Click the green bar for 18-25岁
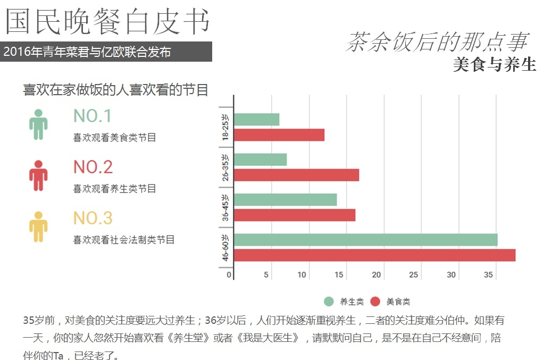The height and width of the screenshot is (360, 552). pyautogui.click(x=256, y=120)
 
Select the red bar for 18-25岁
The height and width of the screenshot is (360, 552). pyautogui.click(x=279, y=135)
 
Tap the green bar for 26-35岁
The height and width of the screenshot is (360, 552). pyautogui.click(x=260, y=160)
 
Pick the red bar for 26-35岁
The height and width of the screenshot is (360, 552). pyautogui.click(x=296, y=175)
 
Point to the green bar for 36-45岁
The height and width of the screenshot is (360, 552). pyautogui.click(x=285, y=199)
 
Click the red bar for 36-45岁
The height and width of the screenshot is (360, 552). pyautogui.click(x=294, y=215)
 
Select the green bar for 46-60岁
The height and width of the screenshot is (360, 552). pyautogui.click(x=365, y=240)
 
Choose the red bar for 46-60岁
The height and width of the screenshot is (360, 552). pyautogui.click(x=374, y=255)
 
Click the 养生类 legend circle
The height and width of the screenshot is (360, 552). pyautogui.click(x=329, y=302)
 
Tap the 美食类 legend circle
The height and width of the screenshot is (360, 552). pyautogui.click(x=375, y=302)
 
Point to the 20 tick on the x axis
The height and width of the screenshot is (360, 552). pyautogui.click(x=377, y=275)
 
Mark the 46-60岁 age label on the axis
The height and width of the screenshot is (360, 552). pyautogui.click(x=226, y=248)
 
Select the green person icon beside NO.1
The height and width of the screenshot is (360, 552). pyautogui.click(x=38, y=124)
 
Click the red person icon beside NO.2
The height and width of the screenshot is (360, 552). pyautogui.click(x=38, y=175)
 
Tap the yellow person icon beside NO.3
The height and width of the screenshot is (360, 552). pyautogui.click(x=38, y=227)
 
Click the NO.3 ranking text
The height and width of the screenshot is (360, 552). pyautogui.click(x=93, y=218)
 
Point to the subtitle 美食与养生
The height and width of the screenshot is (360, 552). pyautogui.click(x=495, y=64)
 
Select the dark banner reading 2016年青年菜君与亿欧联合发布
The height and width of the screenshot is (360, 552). pyautogui.click(x=106, y=52)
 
